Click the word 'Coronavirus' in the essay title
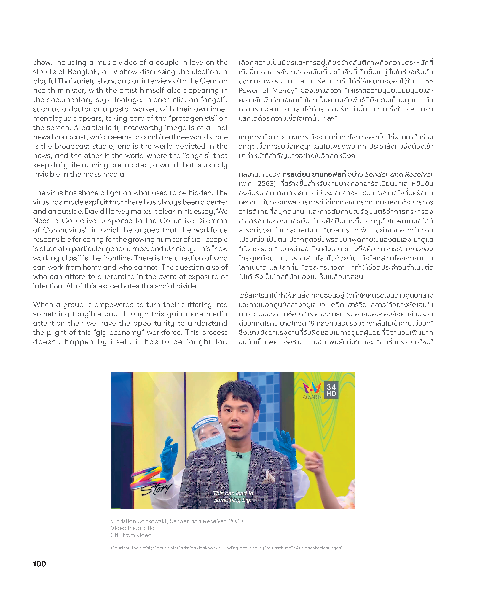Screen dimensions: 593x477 (x=64, y=230)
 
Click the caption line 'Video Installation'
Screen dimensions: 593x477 (x=134, y=528)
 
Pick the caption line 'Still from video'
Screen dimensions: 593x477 (x=131, y=535)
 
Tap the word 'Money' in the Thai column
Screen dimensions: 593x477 (x=283, y=91)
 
